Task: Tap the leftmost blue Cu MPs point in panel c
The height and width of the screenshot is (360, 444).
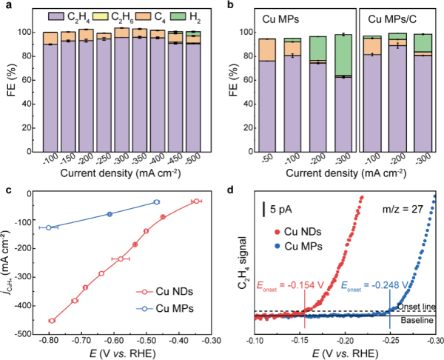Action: click(x=49, y=227)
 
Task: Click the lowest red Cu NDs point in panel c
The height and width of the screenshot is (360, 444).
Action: click(x=52, y=321)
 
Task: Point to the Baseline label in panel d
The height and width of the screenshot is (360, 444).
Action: click(x=418, y=321)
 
